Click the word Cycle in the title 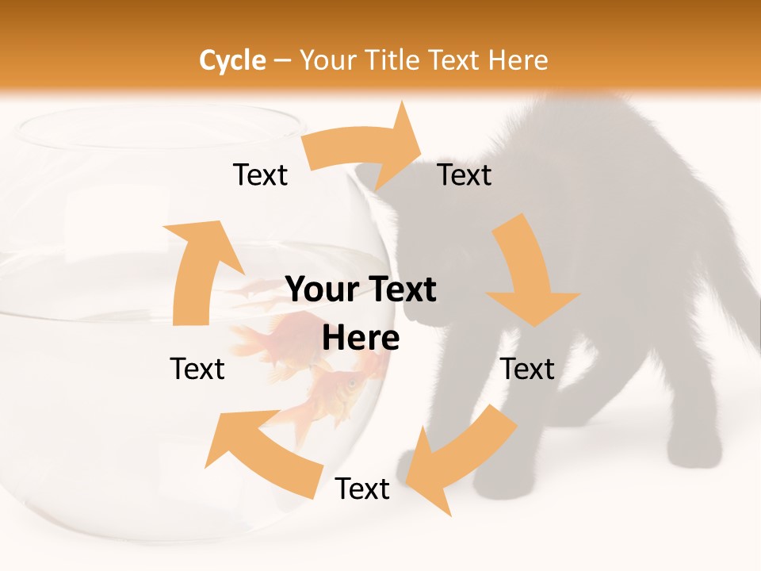(232, 60)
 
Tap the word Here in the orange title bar (518, 60)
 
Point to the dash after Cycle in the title (282, 61)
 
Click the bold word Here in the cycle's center (361, 339)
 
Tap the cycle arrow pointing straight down (527, 274)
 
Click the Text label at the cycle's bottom (362, 489)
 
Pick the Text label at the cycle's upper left (261, 174)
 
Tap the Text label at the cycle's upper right (465, 174)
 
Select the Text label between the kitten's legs (528, 369)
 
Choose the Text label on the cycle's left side (197, 369)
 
